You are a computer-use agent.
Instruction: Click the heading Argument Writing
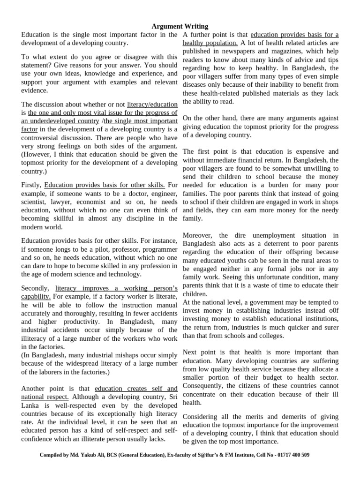coord(180,26)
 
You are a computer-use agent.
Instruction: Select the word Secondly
coord(35,288)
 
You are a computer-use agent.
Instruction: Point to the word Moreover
coord(198,235)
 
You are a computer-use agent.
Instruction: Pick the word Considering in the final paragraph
coord(203,416)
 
